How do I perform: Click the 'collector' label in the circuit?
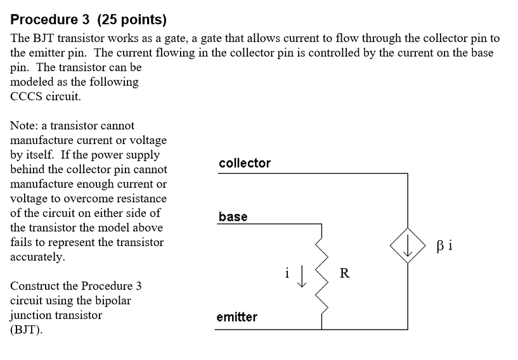point(245,163)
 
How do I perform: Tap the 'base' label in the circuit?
point(233,217)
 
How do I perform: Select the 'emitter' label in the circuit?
point(236,317)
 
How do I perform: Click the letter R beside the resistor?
point(344,274)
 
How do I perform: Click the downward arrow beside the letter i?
point(302,277)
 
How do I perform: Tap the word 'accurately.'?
point(37,257)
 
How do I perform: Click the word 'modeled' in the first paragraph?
point(34,82)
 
